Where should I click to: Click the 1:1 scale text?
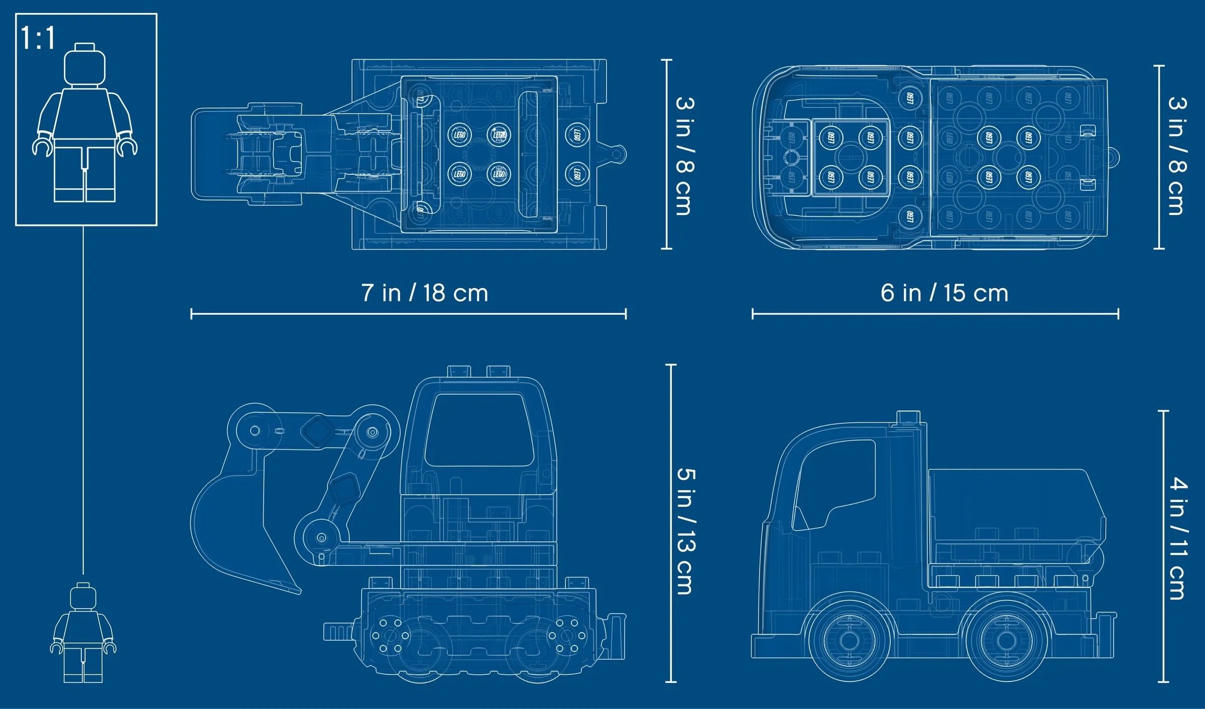(38, 38)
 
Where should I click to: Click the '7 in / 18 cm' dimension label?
(425, 293)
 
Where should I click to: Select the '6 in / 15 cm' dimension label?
(944, 293)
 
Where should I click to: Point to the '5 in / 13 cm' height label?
(686, 531)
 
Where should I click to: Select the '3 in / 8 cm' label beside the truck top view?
(1177, 156)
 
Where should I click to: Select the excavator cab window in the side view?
(479, 429)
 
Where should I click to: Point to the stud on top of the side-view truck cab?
(908, 418)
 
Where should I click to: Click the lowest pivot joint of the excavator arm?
(321, 538)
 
